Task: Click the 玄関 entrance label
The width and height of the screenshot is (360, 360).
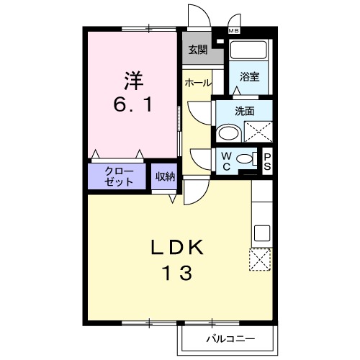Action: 197,50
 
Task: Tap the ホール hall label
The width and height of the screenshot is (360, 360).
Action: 197,83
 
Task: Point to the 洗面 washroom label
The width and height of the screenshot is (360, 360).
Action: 245,111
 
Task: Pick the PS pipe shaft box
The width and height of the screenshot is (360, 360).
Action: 267,161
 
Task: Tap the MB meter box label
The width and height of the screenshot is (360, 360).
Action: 235,31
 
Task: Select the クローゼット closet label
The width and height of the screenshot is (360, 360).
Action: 119,176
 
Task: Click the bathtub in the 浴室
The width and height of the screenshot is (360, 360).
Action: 248,51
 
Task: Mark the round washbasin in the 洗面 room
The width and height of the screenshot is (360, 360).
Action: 229,133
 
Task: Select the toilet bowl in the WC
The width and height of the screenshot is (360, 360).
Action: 246,159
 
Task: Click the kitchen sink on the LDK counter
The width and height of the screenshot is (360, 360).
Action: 262,233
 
